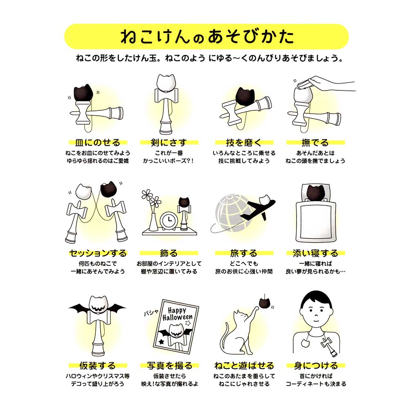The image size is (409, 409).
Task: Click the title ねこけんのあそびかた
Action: pyautogui.click(x=207, y=37)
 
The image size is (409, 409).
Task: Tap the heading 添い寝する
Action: pyautogui.click(x=315, y=253)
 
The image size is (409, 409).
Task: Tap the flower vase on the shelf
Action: pyautogui.click(x=153, y=223)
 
